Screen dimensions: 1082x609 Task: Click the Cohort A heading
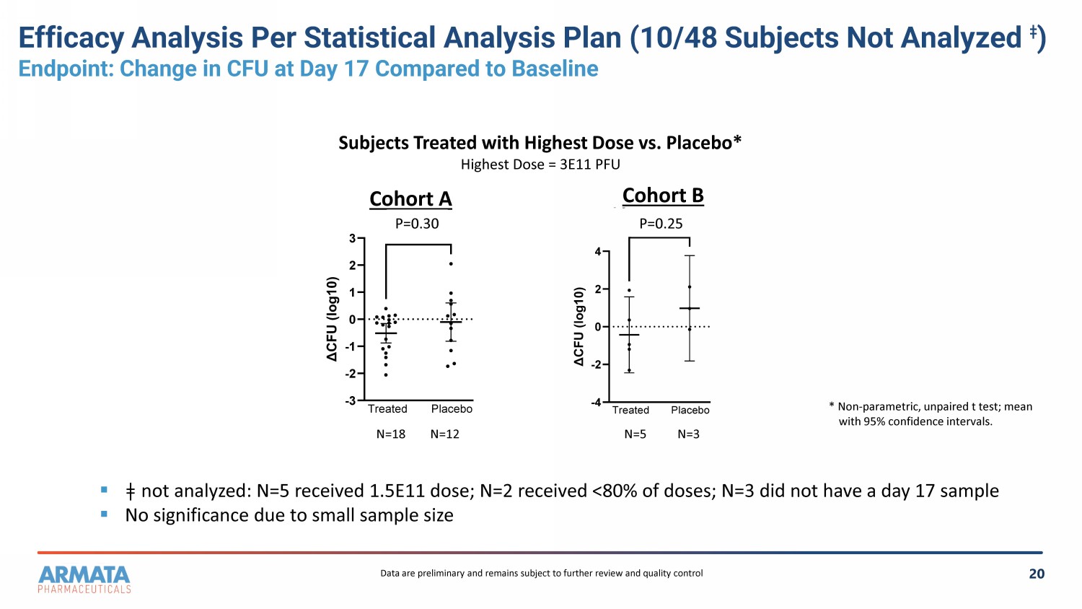click(410, 198)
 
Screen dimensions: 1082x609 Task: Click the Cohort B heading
click(663, 196)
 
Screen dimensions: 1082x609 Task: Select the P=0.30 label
click(417, 224)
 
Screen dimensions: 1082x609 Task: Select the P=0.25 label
click(661, 224)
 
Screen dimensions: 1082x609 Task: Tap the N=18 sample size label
click(391, 434)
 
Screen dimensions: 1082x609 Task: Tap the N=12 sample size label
click(445, 434)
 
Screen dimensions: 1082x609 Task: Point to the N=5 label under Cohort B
click(635, 434)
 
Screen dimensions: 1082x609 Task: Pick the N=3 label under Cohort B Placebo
click(688, 434)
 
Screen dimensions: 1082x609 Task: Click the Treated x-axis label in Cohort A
click(387, 409)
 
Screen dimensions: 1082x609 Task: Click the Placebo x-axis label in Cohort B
click(690, 410)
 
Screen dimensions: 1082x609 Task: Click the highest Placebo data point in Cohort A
click(451, 264)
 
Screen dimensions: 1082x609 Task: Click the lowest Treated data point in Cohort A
click(385, 375)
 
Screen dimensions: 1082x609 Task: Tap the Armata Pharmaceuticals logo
click(84, 579)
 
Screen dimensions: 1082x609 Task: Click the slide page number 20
click(1037, 574)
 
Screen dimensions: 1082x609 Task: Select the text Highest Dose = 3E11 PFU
click(540, 165)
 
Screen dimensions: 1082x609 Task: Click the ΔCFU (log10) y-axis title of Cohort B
click(579, 326)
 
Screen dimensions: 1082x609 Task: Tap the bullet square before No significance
click(104, 514)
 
